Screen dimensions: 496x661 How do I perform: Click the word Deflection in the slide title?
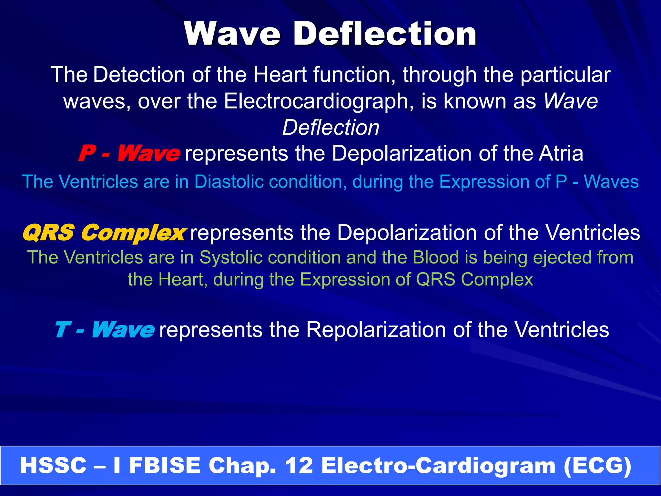coord(385,34)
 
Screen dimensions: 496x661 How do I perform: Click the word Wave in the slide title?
coord(232,34)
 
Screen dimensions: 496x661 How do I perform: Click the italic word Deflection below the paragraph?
coord(331,128)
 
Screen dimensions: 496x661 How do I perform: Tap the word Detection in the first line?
coord(139,75)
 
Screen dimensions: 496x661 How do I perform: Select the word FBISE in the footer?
coord(165,466)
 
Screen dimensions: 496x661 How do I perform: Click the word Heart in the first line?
coord(280,75)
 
